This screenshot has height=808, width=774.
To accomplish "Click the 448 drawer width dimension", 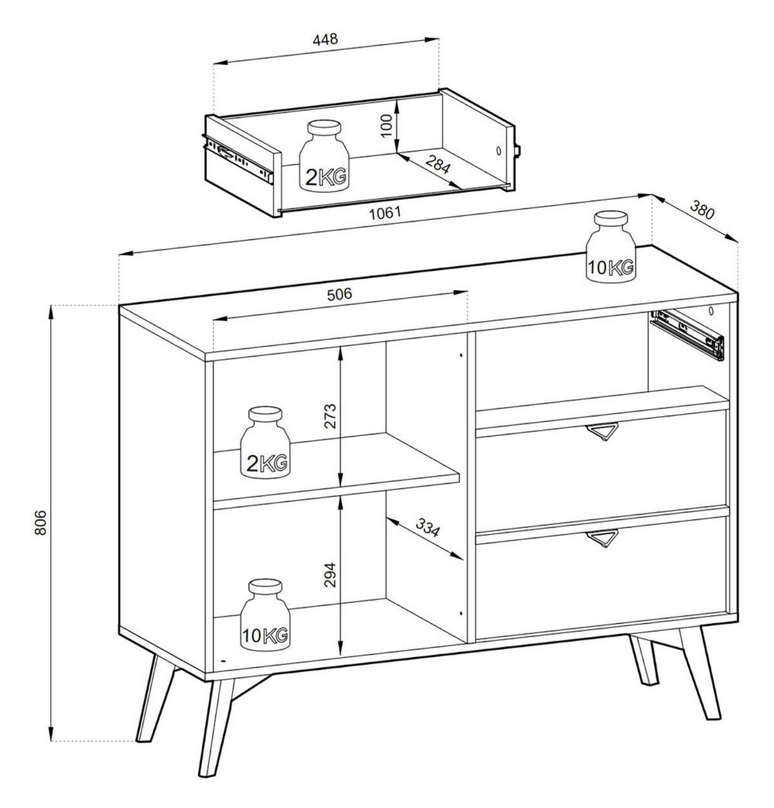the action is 325,40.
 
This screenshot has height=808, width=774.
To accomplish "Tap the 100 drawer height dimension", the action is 386,126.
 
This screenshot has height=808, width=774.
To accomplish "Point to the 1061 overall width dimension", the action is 385,213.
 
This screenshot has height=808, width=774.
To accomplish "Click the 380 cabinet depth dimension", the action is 702,210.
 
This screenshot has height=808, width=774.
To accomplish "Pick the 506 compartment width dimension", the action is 339,295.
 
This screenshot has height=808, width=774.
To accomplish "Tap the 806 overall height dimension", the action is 40,522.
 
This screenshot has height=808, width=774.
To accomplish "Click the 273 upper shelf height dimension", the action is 330,416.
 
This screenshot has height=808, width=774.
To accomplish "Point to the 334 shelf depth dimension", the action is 427,527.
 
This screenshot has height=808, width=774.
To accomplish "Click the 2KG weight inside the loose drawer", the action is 324,156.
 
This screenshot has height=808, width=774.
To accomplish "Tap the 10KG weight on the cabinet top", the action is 610,246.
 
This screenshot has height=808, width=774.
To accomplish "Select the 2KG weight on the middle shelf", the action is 265,442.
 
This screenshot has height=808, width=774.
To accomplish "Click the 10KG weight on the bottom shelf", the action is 265,615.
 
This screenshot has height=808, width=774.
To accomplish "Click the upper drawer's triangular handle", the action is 602,431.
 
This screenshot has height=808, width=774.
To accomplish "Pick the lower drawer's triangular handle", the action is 602,538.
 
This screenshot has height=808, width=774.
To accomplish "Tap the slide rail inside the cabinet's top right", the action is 687,334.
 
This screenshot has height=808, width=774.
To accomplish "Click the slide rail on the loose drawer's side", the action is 237,158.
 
